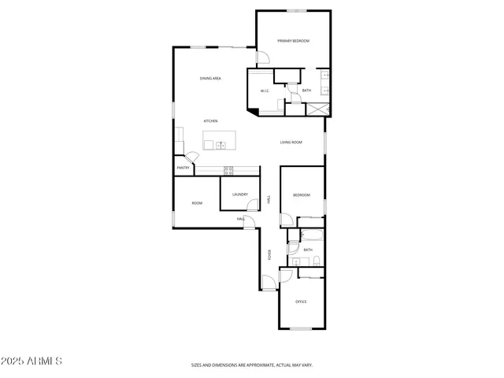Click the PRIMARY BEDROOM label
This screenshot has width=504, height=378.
(x=293, y=41)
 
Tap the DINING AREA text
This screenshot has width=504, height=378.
(x=210, y=79)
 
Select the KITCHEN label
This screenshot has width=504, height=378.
(x=210, y=120)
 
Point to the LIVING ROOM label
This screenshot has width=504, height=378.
(x=291, y=143)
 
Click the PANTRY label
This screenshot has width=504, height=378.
(x=183, y=168)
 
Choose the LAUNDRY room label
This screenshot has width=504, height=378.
(x=240, y=195)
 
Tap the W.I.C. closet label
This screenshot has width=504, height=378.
(x=265, y=91)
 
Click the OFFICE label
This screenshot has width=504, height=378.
(x=300, y=302)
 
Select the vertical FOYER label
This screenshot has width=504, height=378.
(x=269, y=254)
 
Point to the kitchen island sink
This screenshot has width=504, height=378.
(x=221, y=145)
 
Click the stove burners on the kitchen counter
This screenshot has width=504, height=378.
(x=228, y=170)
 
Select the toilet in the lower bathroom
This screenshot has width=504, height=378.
(x=315, y=261)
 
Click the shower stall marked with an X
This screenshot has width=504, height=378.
(x=318, y=109)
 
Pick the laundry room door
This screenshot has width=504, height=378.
(x=250, y=206)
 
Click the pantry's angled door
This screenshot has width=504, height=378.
(x=180, y=149)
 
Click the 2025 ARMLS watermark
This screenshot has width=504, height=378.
(x=31, y=361)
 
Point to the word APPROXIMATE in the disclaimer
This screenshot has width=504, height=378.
(x=253, y=365)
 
